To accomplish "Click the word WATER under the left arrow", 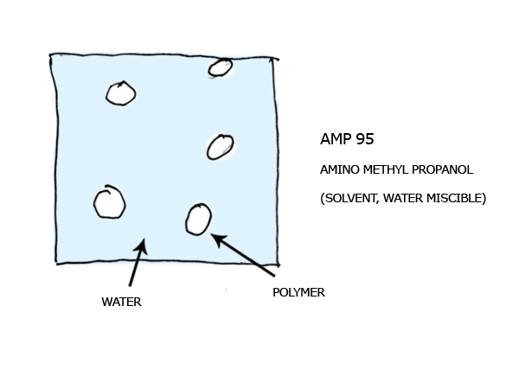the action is (x=121, y=302).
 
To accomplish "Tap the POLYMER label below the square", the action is (x=298, y=292).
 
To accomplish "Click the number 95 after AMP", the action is (x=365, y=139).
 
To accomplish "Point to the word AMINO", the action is (x=340, y=169).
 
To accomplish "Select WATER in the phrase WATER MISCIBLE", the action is (x=403, y=198).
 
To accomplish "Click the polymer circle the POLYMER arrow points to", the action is (x=198, y=220).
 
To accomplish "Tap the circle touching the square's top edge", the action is (x=220, y=67).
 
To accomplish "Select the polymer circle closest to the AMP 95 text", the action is (x=220, y=147).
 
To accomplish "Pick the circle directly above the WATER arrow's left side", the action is (x=110, y=201).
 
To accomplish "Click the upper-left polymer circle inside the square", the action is (x=121, y=93).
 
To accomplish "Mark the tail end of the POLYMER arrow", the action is (x=274, y=275).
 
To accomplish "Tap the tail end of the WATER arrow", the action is (x=130, y=285).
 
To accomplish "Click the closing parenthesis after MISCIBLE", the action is (x=484, y=199).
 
